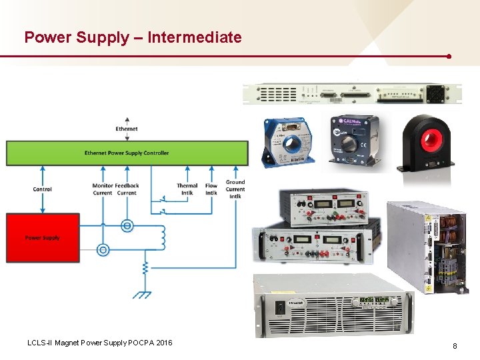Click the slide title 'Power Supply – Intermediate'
(x=133, y=37)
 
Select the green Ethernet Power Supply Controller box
(x=127, y=153)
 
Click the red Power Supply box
(x=43, y=238)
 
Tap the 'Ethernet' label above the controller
(x=127, y=129)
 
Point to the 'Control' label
(x=43, y=189)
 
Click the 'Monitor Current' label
(x=103, y=189)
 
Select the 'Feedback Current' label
(x=127, y=189)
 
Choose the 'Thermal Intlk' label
(x=187, y=189)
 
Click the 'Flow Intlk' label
(x=211, y=189)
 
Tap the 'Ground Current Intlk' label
(x=235, y=189)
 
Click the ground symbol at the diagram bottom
(x=142, y=293)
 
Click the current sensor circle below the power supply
(x=103, y=250)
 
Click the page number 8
(x=455, y=346)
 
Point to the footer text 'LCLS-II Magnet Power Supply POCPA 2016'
(x=99, y=343)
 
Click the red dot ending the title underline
(x=449, y=56)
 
